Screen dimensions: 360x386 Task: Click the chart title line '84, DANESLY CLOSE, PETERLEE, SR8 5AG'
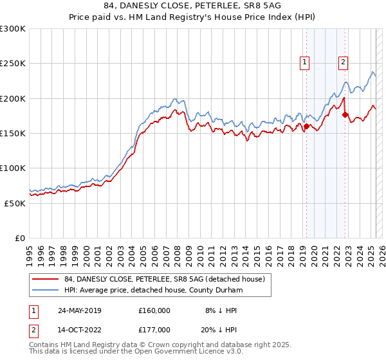(x=192, y=6)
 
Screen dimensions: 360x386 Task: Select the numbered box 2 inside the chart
(x=344, y=62)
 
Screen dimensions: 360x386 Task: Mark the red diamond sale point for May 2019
(x=307, y=127)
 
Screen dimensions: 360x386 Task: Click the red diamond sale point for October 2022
(x=345, y=115)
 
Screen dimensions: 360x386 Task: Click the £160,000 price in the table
(x=154, y=310)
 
